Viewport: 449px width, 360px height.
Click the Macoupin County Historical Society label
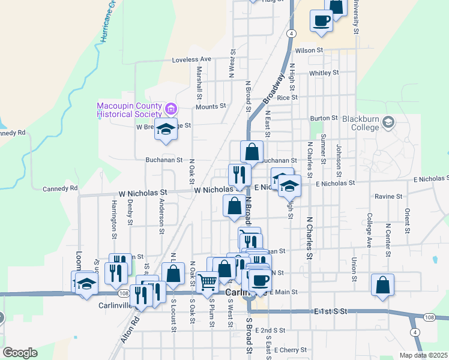129,110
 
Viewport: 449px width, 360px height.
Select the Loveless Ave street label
192,59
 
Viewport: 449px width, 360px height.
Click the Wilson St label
309,50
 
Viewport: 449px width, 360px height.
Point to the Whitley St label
324,73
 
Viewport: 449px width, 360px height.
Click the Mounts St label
211,106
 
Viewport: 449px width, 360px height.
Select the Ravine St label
388,196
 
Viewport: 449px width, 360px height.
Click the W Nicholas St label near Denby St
143,193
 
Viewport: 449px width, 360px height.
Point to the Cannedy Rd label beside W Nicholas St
60,188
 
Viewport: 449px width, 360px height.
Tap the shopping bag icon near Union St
382,285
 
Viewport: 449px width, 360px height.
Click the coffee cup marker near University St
321,20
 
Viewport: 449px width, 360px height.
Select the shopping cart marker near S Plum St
207,281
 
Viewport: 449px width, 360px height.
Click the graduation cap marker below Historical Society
165,129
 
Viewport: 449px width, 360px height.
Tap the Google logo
20,352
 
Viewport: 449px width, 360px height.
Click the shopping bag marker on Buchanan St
252,151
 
